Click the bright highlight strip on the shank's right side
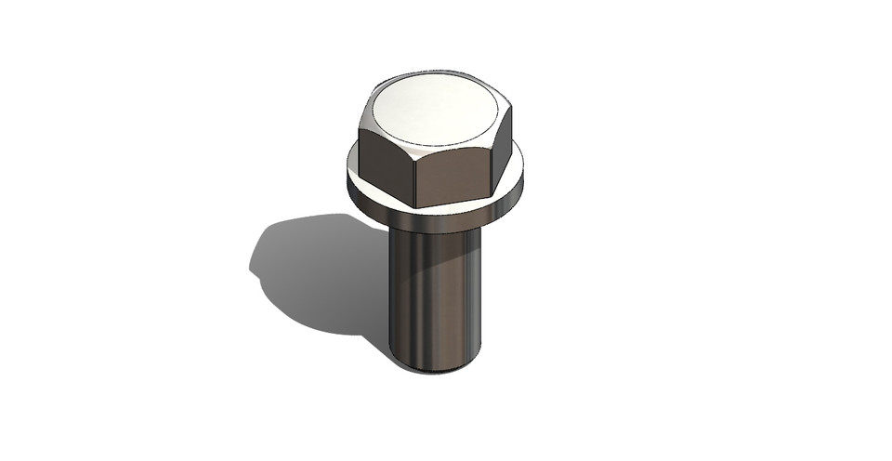click(465, 297)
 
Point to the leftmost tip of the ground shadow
click(250, 265)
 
